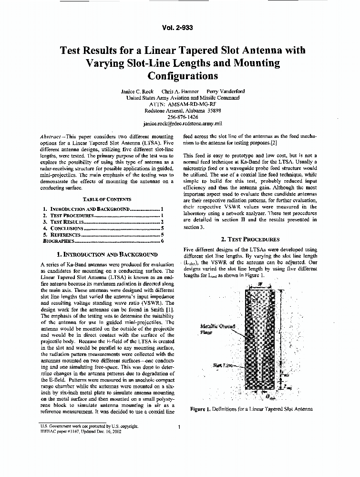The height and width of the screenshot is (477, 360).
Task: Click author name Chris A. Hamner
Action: coord(180,91)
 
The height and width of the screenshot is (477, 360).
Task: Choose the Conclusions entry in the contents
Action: coord(67,228)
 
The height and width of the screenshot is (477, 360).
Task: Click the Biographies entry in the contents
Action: coord(59,241)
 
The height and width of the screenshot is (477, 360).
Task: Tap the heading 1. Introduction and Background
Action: coord(107,255)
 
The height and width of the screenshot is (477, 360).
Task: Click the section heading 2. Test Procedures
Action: coord(250,239)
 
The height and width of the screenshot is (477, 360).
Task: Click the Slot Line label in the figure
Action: coord(223,364)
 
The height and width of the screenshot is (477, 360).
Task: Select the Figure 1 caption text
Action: coord(251,409)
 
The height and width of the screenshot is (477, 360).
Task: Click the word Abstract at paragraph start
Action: coord(51,136)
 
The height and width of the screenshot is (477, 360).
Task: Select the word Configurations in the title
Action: coord(183,75)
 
